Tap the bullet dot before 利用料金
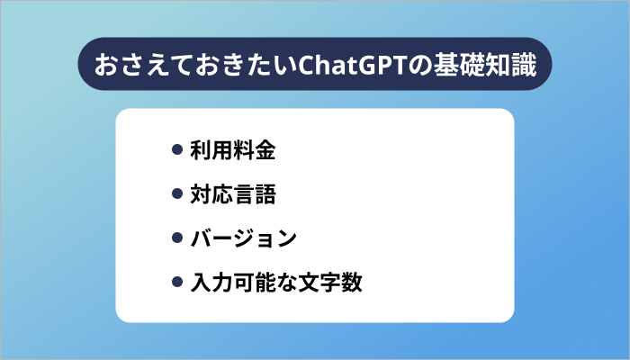pos(177,150)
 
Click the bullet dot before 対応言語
pos(177,194)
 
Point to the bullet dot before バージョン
pos(177,238)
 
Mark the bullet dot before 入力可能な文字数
pos(177,283)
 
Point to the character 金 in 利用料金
pos(264,150)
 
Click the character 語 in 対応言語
pos(264,194)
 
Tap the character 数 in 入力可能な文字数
pos(351,283)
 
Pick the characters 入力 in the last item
pos(211,283)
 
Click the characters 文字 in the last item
pos(319,283)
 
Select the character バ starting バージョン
pos(201,238)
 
